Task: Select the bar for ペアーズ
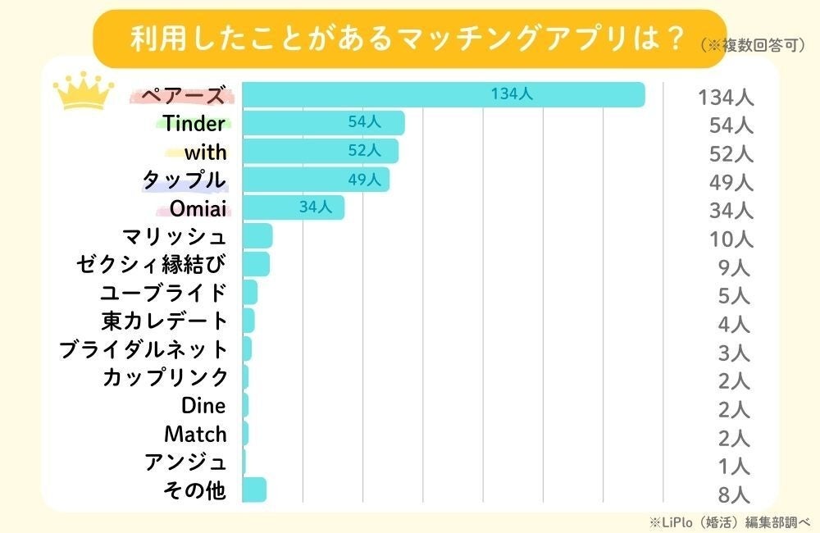[443, 95]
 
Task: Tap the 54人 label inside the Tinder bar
[364, 122]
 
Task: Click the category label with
[205, 152]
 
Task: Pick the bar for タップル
[316, 180]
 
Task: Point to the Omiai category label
[198, 208]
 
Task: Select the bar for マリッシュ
[257, 236]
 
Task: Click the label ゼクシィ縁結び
[151, 264]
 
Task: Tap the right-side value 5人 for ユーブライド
[732, 294]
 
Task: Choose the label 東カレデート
[164, 321]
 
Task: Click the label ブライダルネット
[143, 349]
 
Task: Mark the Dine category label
[203, 405]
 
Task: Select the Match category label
[195, 433]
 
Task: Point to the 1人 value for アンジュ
[733, 466]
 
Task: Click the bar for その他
[254, 490]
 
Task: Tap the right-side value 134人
[725, 98]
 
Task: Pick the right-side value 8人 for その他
[733, 494]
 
